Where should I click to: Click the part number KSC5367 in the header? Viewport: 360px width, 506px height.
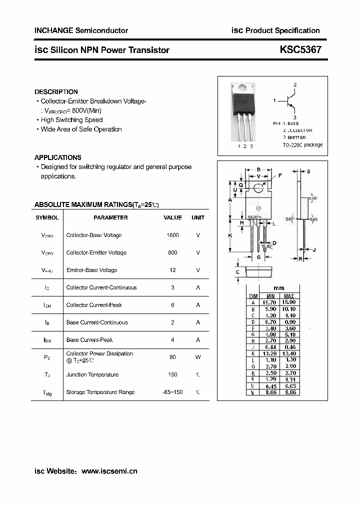300,49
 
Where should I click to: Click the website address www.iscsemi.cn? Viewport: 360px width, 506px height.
109,471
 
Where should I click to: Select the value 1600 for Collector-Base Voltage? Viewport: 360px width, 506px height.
172,235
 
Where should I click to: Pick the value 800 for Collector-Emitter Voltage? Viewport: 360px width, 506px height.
172,252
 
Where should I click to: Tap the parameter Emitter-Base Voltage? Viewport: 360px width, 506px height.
91,270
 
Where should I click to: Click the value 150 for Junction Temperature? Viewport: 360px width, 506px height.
172,374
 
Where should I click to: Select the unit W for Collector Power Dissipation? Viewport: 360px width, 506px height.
198,357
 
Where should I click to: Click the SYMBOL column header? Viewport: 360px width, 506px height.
47,217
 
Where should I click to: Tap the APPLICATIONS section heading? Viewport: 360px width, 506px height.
57,157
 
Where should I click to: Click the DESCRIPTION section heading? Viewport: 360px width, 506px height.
56,92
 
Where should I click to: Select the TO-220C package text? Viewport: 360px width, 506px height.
302,144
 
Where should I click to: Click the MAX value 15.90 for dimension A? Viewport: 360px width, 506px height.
288,302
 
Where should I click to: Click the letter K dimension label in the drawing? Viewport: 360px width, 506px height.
230,235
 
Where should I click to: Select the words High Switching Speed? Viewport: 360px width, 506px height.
71,120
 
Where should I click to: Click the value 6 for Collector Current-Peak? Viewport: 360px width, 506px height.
172,305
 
